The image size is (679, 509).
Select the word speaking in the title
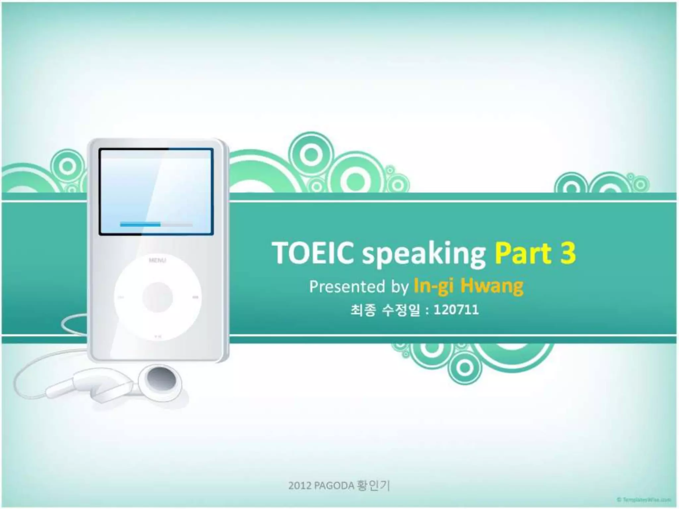coord(424,254)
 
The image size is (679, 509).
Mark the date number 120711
coord(456,310)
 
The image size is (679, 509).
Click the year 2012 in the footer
coord(300,486)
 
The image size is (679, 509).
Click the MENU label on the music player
coord(157,260)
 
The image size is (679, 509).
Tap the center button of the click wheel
coord(158,297)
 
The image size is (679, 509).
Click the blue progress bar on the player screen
coord(140,225)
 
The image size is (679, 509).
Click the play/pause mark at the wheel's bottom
coord(158,337)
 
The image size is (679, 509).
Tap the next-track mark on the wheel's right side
coord(196,297)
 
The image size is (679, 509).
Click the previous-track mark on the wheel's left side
coord(121,297)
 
